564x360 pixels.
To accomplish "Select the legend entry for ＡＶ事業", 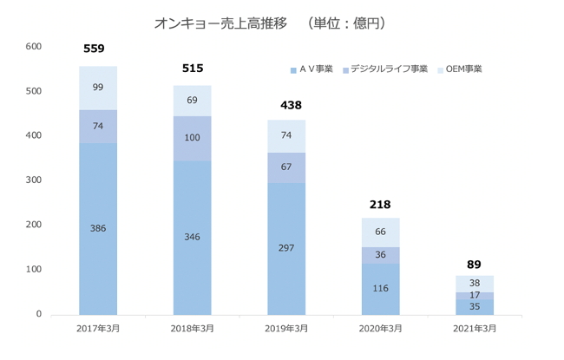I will click(312, 69).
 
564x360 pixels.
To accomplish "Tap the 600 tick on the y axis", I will click(34, 47).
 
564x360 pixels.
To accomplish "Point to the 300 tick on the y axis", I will click(34, 180).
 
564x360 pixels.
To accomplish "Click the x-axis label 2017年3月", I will click(98, 328).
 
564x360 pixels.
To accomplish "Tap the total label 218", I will click(380, 205).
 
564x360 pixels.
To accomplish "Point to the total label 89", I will click(474, 264).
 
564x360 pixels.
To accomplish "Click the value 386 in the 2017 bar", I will click(98, 229).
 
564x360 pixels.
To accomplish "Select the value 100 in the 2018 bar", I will click(192, 138).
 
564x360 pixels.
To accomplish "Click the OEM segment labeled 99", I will click(98, 88).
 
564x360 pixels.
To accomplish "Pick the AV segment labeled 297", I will click(285, 248).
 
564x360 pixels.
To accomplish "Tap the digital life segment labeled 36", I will click(380, 255).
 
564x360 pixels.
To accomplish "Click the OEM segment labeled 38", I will click(474, 283).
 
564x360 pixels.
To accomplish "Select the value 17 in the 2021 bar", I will click(474, 295).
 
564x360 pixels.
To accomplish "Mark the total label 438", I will click(286, 104).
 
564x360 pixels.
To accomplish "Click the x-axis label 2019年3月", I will click(285, 328).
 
